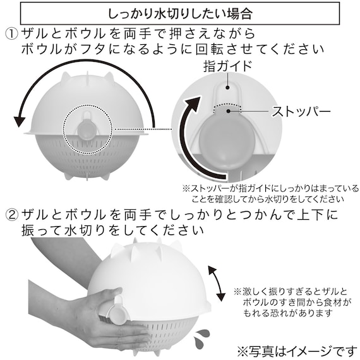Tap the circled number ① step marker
13,33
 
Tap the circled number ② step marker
13,215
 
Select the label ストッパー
301,113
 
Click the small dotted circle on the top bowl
88,124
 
